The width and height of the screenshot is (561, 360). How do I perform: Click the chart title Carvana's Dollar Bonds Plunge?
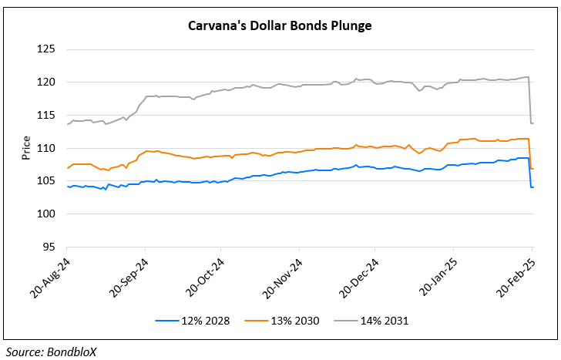pos(280,26)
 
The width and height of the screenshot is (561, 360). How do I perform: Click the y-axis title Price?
pos(25,148)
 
